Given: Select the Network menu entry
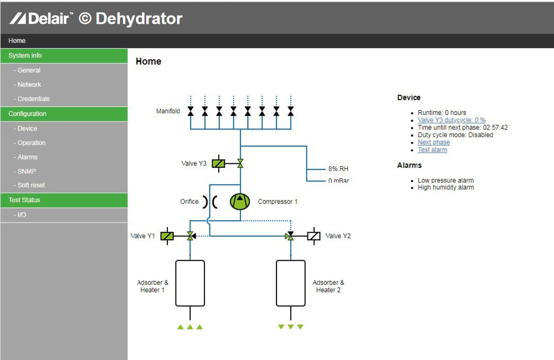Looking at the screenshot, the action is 27,85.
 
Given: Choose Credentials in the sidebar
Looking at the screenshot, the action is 32,99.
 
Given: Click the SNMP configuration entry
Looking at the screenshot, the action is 25,171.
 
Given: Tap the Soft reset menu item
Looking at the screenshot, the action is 29,185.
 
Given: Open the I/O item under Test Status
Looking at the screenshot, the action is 20,215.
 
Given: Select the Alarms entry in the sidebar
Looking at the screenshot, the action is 25,157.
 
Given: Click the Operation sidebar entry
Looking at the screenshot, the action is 30,143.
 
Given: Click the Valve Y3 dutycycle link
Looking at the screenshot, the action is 452,120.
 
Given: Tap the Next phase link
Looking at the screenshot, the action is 434,142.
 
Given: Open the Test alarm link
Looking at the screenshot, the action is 433,150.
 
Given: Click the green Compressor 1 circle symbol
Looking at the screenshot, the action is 240,202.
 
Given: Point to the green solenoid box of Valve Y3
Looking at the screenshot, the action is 218,163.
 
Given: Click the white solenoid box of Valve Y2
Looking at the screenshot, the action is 314,236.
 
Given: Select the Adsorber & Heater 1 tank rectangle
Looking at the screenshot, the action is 190,284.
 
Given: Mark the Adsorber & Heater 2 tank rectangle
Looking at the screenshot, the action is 291,284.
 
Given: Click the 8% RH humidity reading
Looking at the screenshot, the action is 338,169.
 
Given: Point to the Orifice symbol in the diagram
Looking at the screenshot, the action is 210,202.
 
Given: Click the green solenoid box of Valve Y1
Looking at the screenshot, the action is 167,236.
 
